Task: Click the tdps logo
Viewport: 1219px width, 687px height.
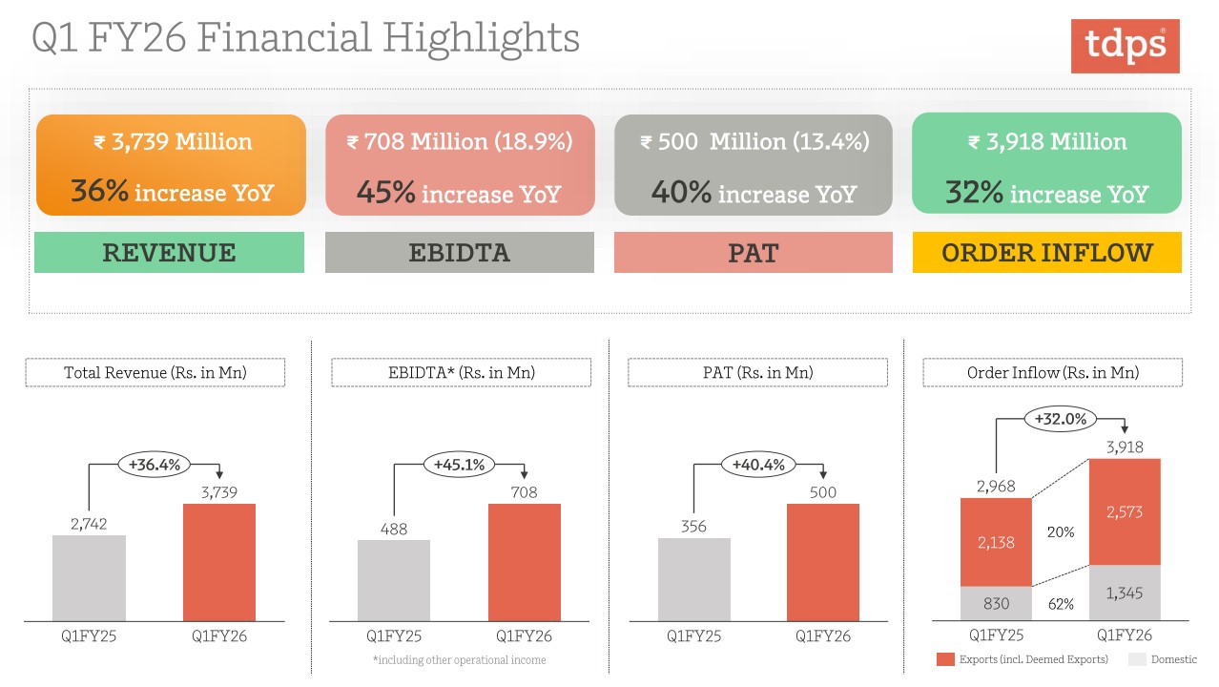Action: tap(1125, 46)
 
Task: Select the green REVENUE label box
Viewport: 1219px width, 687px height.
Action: tap(169, 253)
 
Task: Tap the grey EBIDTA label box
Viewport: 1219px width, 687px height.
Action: tap(459, 253)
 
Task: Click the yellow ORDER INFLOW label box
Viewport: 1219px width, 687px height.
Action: tap(1046, 253)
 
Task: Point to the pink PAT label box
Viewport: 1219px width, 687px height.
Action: tap(753, 253)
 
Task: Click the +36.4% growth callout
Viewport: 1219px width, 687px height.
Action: tap(154, 465)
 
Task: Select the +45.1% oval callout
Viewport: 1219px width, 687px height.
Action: tap(460, 465)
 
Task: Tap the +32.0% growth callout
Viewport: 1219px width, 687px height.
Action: tap(1061, 419)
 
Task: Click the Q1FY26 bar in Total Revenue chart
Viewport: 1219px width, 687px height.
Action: tap(219, 562)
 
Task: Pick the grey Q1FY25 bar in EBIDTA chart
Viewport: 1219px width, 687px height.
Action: tap(394, 580)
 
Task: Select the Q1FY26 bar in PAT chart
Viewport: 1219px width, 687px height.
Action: tap(822, 562)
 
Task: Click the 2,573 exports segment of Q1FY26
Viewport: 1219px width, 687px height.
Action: tap(1125, 512)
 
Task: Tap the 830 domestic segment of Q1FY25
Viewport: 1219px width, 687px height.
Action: tap(995, 604)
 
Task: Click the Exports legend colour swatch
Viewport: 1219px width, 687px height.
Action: tap(945, 659)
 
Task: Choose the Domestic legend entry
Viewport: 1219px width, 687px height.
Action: tap(1163, 659)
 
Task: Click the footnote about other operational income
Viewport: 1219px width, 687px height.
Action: tap(459, 660)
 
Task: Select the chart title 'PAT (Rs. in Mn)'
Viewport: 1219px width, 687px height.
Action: tap(757, 372)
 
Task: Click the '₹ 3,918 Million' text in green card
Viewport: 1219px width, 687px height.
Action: tap(1046, 142)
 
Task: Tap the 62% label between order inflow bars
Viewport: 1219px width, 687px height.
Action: tap(1061, 604)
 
